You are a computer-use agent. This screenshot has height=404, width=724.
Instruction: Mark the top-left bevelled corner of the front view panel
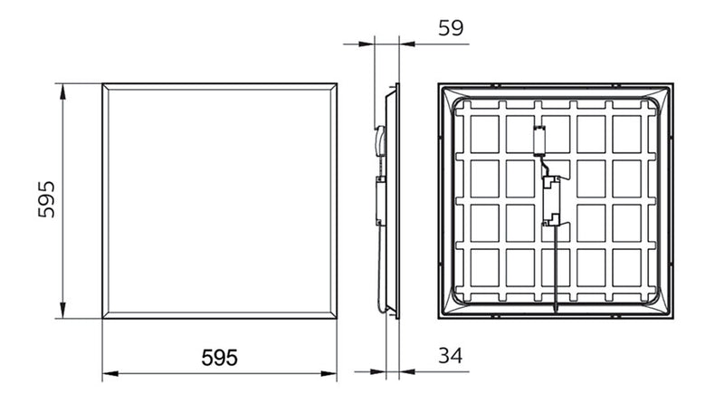pyautogui.click(x=106, y=88)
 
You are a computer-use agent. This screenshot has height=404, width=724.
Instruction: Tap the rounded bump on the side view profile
pyautogui.click(x=380, y=140)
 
